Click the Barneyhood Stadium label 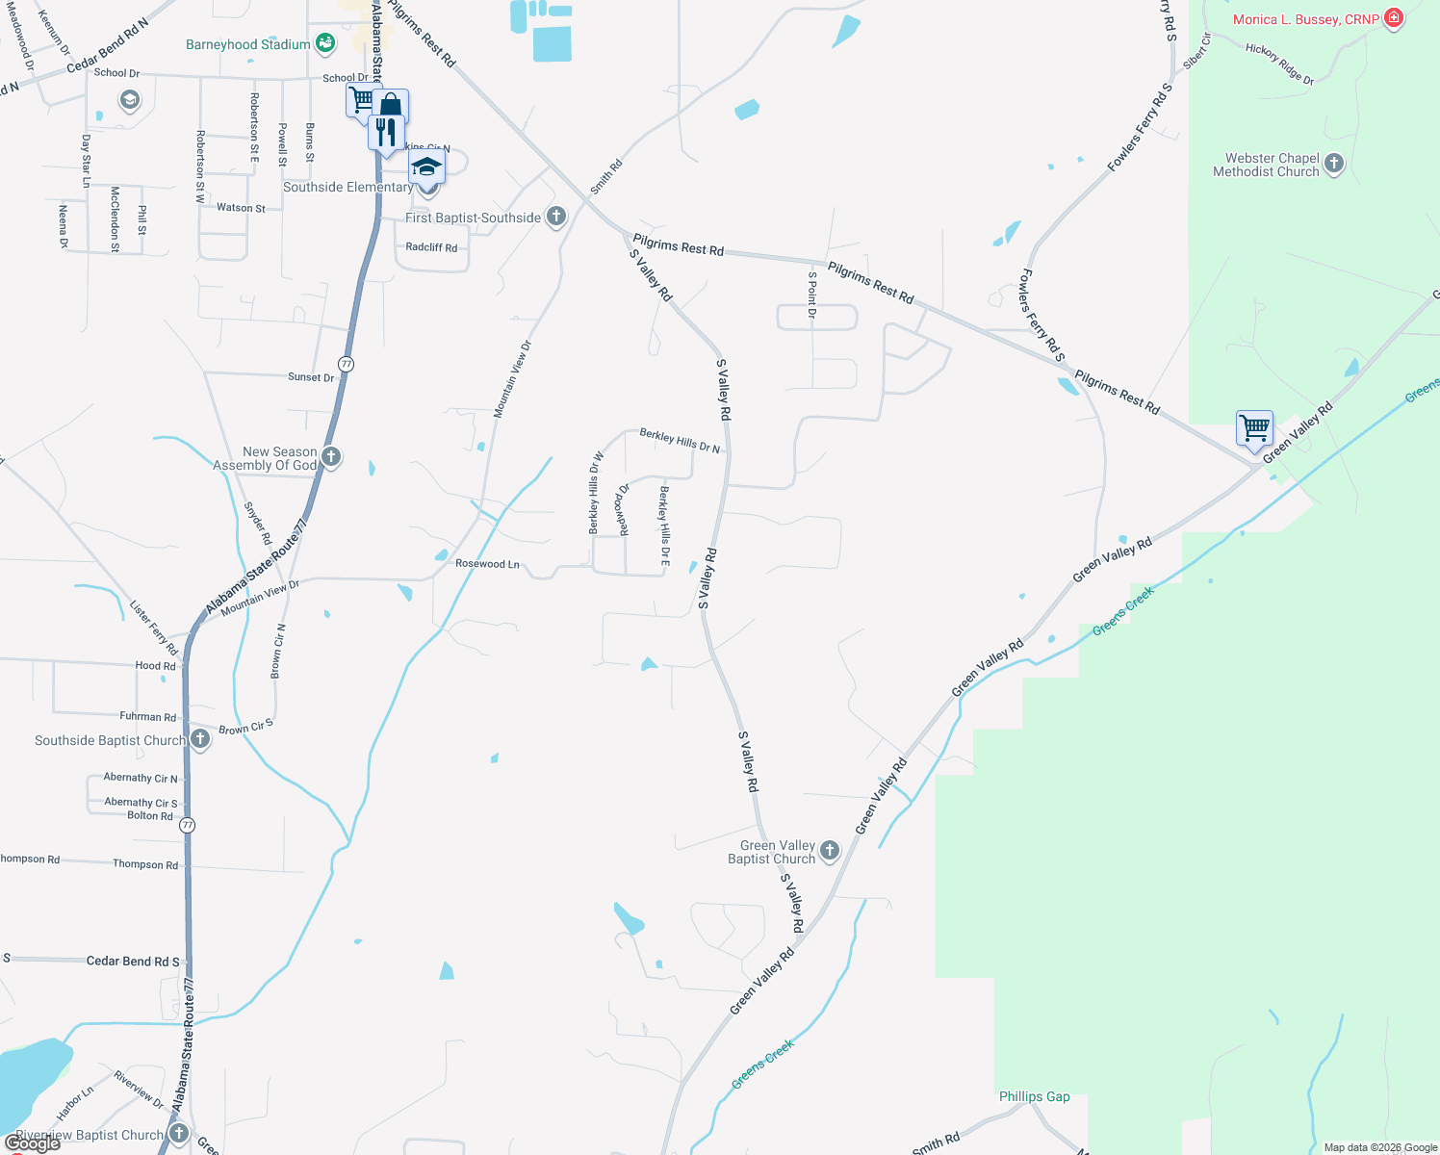tap(248, 45)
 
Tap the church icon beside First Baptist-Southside tap(556, 217)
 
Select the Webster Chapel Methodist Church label tap(1266, 166)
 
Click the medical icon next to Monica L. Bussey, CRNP tap(1394, 18)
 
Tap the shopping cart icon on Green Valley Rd tap(1255, 427)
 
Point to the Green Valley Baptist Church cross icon tap(830, 851)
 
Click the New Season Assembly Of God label tap(265, 458)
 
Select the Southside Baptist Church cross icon tap(200, 739)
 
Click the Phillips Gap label tap(1034, 1096)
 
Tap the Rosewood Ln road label tap(487, 564)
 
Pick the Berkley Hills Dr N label tap(680, 441)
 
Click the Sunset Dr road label tap(311, 377)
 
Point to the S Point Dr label tap(812, 295)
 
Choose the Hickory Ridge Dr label tap(1279, 64)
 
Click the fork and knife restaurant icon tap(386, 131)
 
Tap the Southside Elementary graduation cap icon tap(426, 167)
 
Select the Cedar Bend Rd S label tap(133, 961)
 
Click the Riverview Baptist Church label tap(90, 1135)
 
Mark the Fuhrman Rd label tap(148, 717)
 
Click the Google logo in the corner tap(33, 1143)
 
